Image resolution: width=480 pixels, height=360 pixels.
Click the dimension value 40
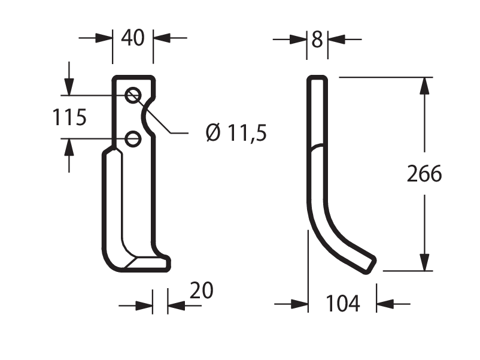coord(132,38)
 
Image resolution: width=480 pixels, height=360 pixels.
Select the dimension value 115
coord(69,117)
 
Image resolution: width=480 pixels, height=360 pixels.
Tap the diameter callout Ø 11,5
coord(236,133)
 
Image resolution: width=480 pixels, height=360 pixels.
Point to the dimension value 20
coord(202,290)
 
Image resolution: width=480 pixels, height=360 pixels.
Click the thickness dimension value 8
coord(317,40)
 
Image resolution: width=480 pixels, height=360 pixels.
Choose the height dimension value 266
coord(424,174)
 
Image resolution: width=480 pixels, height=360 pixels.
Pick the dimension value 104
coord(342,303)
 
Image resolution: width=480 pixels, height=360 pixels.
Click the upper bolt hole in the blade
coord(133,95)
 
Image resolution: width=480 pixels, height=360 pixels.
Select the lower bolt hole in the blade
coord(133,139)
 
